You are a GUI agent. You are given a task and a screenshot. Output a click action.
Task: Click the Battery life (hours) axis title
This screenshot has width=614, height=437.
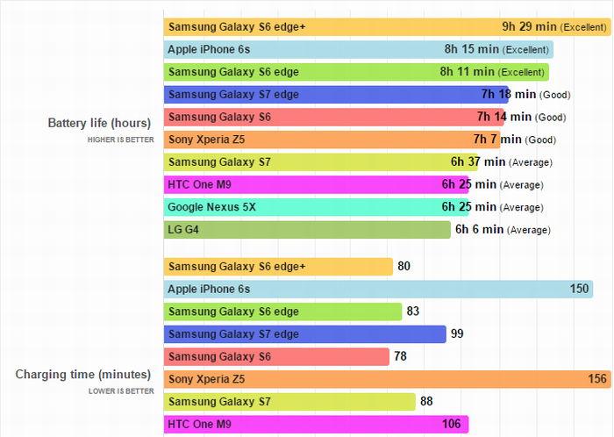coord(99,123)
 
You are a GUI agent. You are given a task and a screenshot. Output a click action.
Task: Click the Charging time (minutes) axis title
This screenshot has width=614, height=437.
coord(85,375)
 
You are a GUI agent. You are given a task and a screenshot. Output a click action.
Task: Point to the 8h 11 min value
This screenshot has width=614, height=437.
coord(465,72)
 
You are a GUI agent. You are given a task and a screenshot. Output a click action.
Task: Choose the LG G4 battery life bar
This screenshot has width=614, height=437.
coord(307,230)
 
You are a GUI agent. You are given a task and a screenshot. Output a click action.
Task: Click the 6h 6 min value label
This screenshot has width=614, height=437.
coord(479,230)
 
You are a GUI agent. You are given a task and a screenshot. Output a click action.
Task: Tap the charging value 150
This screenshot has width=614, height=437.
coord(579,290)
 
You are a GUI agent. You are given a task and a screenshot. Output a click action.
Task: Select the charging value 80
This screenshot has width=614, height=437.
coord(404,267)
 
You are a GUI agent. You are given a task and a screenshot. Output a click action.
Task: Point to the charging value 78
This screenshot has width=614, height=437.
coord(401,356)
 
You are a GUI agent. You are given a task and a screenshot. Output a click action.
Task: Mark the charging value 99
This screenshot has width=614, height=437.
coord(457,333)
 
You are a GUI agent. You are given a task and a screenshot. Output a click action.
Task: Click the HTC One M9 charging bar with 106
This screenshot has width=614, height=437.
coord(316,425)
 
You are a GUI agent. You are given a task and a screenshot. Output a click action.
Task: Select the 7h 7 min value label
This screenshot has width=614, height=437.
coord(497,140)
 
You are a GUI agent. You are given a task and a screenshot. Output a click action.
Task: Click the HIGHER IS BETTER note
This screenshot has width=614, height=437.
coord(120,140)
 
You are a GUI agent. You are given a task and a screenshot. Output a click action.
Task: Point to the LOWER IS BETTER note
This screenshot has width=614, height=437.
coord(121,391)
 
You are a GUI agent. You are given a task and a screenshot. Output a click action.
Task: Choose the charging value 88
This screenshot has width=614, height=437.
coord(427,402)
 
